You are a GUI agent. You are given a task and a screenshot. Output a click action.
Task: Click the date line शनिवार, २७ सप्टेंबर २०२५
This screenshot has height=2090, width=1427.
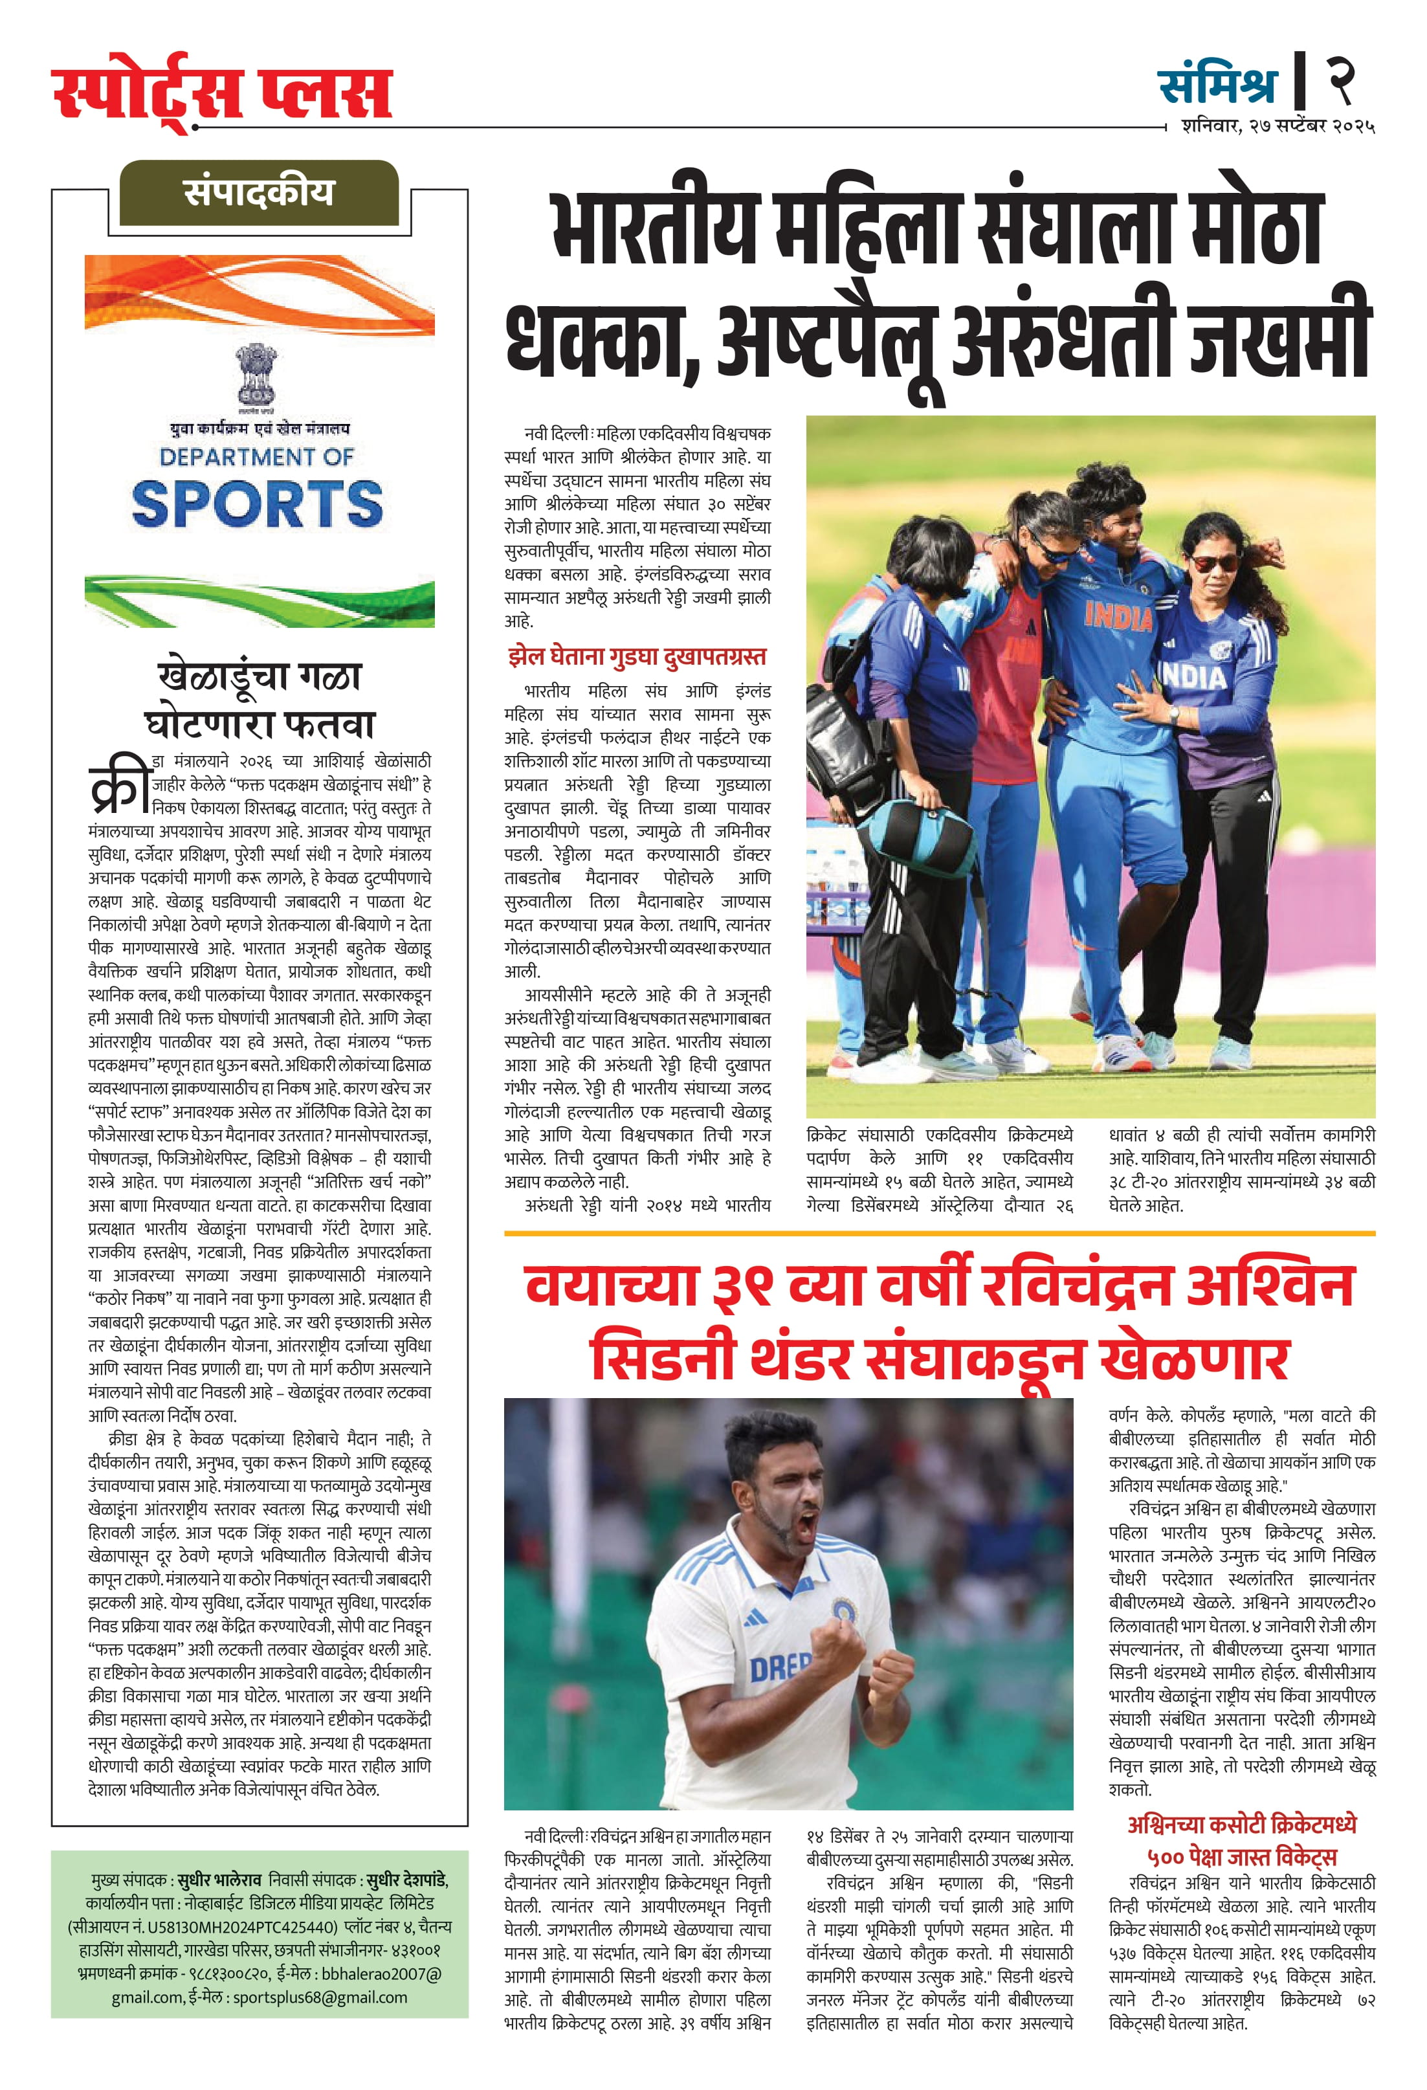click(1278, 127)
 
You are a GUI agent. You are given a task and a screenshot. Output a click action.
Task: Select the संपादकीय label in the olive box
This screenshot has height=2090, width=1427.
click(259, 192)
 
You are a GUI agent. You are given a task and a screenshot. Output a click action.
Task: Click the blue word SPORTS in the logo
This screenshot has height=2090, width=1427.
click(258, 504)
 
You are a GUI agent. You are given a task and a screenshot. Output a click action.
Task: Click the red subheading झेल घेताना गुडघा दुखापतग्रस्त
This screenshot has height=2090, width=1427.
click(636, 656)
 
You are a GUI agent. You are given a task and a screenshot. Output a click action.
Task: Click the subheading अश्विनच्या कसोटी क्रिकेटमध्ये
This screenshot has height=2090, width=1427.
click(1242, 1824)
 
